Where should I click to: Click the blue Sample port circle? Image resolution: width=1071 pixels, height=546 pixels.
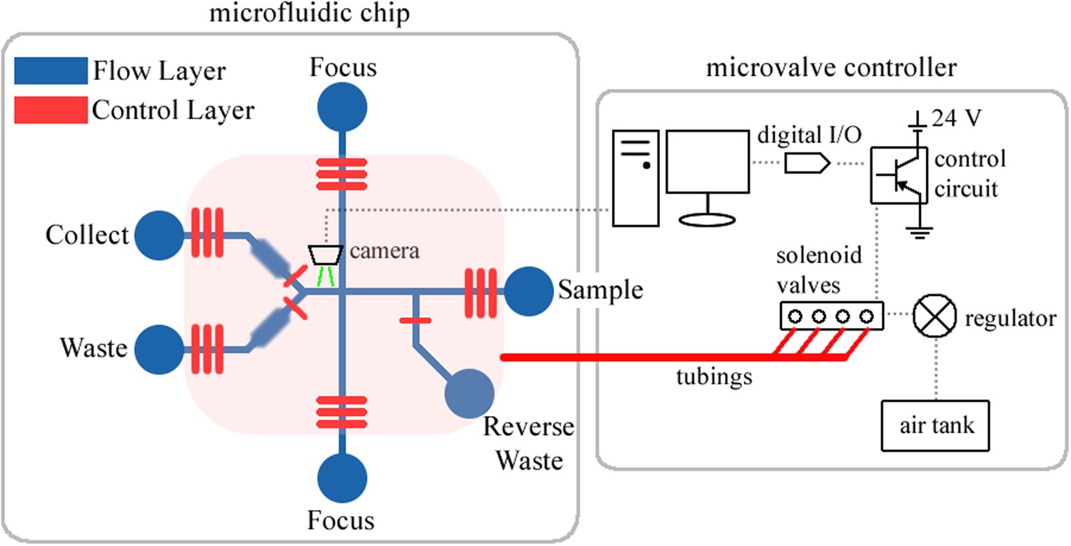coord(528,291)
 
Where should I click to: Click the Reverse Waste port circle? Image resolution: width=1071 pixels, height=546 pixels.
coord(470,394)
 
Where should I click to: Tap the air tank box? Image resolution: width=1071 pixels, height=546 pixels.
coord(936,426)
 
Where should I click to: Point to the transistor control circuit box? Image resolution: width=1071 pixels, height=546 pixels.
coord(897,174)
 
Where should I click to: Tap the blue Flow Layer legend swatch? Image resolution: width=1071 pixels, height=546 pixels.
coord(50,71)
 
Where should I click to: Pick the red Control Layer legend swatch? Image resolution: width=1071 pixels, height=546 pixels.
coord(50,110)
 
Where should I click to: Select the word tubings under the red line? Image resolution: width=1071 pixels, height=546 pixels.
coord(714,376)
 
